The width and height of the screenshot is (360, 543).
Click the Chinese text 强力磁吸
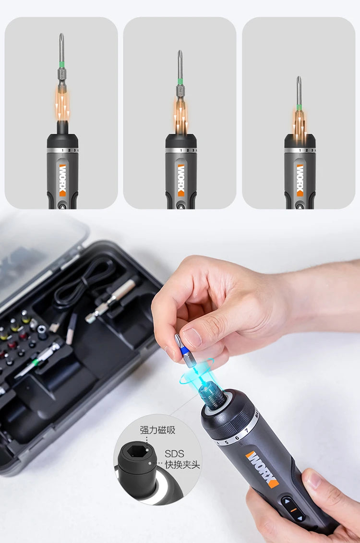click(x=157, y=430)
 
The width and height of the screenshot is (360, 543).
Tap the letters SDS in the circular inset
click(x=174, y=453)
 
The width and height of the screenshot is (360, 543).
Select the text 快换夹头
click(x=182, y=465)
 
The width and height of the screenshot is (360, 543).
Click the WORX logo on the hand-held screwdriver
click(x=263, y=470)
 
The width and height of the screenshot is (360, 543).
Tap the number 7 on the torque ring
click(x=247, y=430)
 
